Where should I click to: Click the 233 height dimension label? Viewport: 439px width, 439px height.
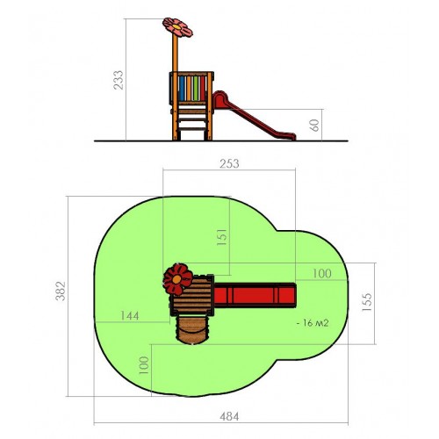(119, 80)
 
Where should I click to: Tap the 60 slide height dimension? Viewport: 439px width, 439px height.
(314, 126)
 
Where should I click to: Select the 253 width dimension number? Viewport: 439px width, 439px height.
(229, 163)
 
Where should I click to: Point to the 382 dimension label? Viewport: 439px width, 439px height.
(61, 291)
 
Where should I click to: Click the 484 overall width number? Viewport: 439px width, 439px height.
(229, 416)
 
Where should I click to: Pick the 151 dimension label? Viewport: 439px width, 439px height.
(221, 237)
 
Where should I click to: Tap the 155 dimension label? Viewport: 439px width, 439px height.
(367, 302)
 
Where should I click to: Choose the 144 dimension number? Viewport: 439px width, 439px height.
(130, 316)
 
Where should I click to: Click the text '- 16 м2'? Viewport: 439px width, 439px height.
(313, 323)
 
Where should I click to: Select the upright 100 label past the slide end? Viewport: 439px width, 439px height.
(322, 273)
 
